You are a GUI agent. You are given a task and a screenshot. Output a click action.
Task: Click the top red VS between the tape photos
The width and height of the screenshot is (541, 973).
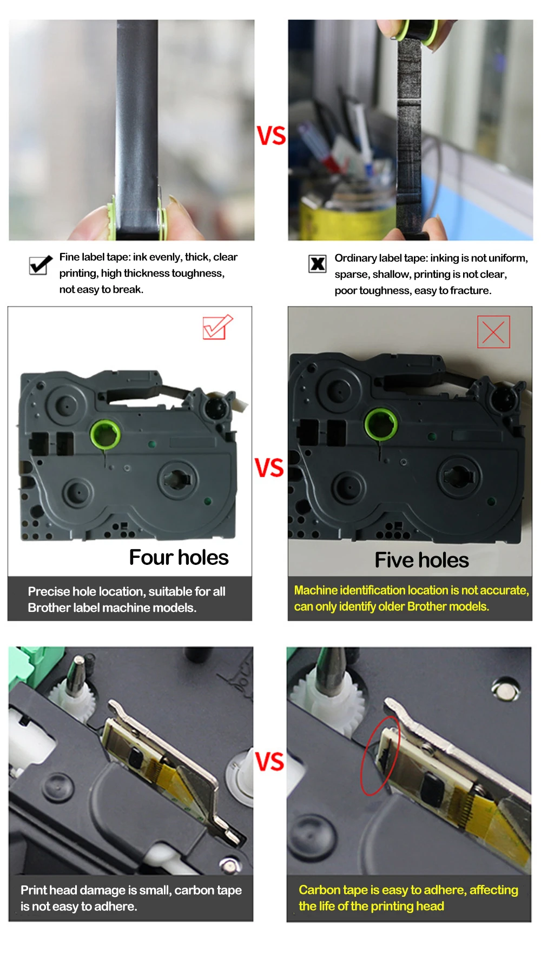(x=271, y=136)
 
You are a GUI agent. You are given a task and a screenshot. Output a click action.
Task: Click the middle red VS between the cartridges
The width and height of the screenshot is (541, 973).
(x=269, y=468)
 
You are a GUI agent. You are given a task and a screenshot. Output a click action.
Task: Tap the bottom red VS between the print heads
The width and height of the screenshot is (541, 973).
(x=269, y=762)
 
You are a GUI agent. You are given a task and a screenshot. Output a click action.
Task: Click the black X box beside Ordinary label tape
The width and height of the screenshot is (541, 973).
(x=318, y=264)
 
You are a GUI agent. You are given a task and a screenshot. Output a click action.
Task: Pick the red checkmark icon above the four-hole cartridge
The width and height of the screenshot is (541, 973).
(x=217, y=327)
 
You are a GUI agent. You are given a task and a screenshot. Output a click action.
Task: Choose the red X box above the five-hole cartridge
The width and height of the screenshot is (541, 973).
(x=493, y=332)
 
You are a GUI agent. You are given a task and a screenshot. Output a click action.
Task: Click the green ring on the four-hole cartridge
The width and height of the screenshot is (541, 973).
(x=105, y=434)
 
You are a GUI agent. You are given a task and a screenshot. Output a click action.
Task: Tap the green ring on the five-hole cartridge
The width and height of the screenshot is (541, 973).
(x=381, y=423)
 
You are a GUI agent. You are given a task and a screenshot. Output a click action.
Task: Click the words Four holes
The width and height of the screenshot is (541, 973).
(x=179, y=557)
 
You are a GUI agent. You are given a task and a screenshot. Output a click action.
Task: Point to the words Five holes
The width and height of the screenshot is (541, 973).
(x=422, y=560)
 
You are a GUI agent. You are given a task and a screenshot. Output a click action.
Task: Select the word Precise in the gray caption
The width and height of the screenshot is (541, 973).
(x=49, y=591)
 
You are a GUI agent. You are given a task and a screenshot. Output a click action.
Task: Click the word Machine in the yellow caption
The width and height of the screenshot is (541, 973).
(x=316, y=590)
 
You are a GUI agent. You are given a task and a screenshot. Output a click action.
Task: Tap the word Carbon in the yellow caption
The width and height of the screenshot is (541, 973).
(x=319, y=890)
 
